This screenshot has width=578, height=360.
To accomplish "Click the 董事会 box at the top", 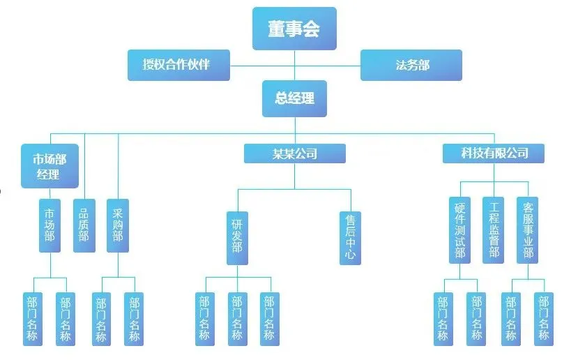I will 294,29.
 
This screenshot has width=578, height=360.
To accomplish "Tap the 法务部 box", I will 411,65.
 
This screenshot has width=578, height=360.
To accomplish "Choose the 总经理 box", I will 294,98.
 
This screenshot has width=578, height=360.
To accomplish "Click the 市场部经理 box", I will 49,165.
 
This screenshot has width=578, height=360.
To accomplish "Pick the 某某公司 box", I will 294,153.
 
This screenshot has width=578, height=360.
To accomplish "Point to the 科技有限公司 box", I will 493,153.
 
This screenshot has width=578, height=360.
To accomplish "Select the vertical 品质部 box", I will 84,225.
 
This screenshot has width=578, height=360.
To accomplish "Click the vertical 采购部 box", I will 118,225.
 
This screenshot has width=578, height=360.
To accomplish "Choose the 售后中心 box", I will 350,237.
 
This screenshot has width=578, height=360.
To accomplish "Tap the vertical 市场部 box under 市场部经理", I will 50,225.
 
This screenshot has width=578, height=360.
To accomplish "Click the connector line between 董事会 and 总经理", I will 294,73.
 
